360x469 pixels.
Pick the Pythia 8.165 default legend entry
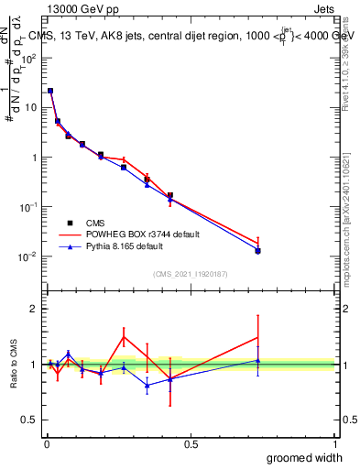click(x=119, y=246)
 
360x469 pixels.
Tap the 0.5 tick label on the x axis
click(x=191, y=444)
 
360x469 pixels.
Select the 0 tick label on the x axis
click(x=47, y=444)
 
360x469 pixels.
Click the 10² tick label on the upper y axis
click(x=30, y=58)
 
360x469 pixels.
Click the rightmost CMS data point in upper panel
click(x=258, y=250)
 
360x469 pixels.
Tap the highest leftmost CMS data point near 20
click(x=49, y=91)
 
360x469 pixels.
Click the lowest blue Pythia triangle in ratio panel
click(x=147, y=385)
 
